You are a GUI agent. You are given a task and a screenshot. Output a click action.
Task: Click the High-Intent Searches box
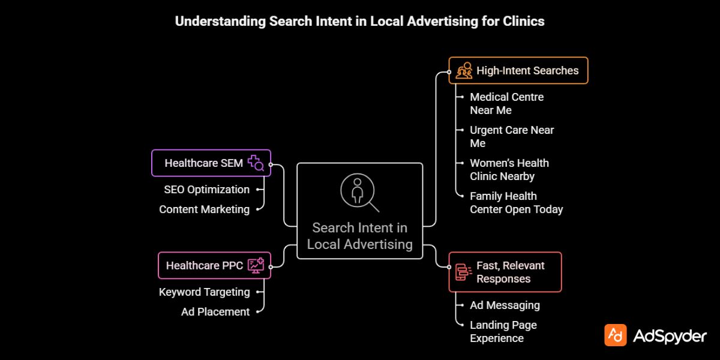518,70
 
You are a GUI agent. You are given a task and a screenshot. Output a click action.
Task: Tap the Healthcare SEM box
211,163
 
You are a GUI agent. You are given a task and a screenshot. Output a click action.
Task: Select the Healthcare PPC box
214,265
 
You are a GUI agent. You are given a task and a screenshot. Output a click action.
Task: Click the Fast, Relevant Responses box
505,272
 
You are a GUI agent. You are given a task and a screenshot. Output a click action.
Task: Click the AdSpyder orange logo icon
616,335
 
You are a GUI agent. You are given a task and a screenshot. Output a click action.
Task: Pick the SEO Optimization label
206,190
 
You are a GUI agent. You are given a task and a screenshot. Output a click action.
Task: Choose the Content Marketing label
204,209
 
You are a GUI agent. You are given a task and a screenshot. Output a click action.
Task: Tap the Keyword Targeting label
204,292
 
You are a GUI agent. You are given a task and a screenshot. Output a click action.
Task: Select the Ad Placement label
215,312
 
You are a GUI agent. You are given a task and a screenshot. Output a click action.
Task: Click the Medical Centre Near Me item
506,103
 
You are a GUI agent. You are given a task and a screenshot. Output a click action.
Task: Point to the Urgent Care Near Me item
511,136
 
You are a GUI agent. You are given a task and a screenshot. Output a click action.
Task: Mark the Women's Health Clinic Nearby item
509,169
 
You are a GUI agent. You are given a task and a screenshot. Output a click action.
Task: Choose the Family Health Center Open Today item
516,202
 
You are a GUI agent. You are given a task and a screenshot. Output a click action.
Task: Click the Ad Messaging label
505,305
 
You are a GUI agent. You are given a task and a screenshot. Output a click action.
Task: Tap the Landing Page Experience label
503,331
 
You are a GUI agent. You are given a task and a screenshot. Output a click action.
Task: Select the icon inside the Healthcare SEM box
256,163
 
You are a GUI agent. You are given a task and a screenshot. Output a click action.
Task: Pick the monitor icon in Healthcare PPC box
256,265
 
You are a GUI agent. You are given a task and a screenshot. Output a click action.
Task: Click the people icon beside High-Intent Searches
464,71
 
